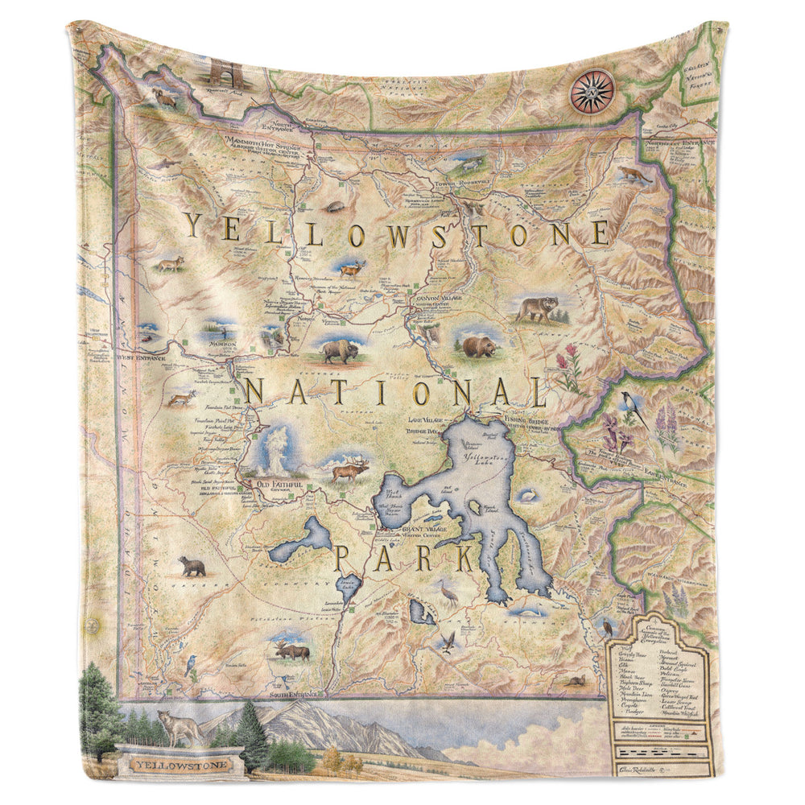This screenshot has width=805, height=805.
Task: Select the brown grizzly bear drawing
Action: tap(478, 347)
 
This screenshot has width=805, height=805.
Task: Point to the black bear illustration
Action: tap(192, 567)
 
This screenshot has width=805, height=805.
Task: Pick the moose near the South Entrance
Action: tap(291, 650)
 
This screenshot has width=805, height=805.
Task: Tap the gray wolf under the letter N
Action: tap(537, 309)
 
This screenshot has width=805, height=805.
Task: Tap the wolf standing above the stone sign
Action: tap(179, 727)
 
